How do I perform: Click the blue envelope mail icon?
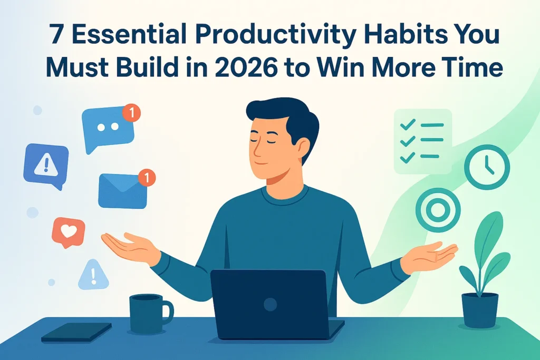(121, 190)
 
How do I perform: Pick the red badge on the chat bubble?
(131, 112)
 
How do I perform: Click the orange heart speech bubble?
(68, 231)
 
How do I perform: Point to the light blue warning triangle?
(93, 275)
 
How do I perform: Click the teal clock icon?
(487, 167)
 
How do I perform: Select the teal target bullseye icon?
(438, 210)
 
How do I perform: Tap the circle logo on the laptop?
(270, 304)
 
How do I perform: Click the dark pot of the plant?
(480, 310)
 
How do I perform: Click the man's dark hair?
(282, 113)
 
